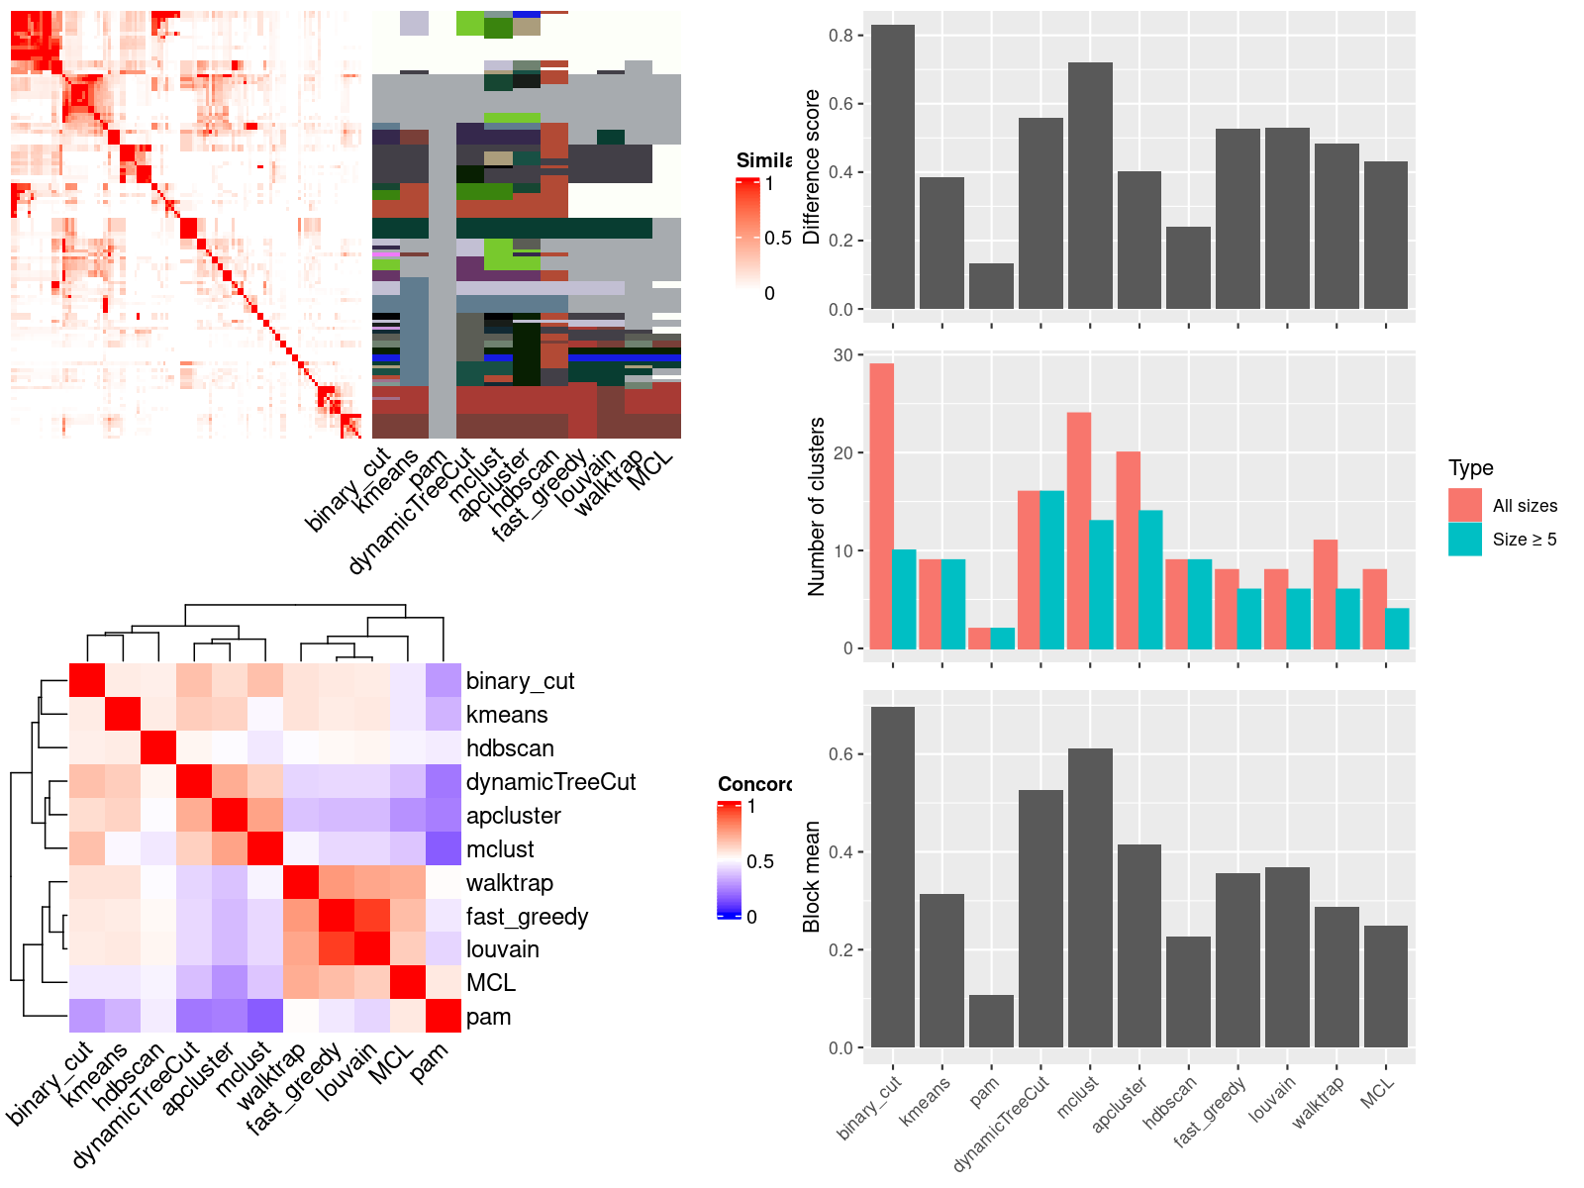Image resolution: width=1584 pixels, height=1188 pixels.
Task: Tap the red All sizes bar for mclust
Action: [x=1078, y=531]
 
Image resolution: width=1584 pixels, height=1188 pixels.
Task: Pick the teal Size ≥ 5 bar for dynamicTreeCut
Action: [x=1052, y=570]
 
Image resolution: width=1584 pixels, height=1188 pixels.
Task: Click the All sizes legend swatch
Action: [x=1465, y=505]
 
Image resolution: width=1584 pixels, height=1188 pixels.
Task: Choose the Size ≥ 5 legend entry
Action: [x=1524, y=540]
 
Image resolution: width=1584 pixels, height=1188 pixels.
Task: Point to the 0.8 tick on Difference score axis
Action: [x=841, y=36]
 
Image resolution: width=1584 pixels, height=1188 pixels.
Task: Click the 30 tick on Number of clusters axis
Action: [x=842, y=355]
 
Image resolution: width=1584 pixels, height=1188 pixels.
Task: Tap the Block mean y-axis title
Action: [x=812, y=877]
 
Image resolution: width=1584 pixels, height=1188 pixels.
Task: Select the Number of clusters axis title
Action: [x=817, y=507]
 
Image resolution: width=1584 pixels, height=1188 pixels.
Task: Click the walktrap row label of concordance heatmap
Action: [x=509, y=883]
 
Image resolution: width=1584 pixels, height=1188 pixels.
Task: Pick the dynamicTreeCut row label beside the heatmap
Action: [x=550, y=782]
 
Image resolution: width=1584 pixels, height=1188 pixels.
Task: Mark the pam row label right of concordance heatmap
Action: [x=488, y=1017]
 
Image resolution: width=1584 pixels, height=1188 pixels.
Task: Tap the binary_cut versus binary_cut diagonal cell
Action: [x=87, y=681]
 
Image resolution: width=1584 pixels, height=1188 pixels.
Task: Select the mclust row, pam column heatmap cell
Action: [x=444, y=849]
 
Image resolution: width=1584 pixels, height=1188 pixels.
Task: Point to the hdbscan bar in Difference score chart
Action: [x=1188, y=268]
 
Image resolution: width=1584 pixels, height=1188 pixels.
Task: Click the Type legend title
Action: [x=1470, y=468]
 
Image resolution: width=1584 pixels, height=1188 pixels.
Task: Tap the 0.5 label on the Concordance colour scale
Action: [x=760, y=861]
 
